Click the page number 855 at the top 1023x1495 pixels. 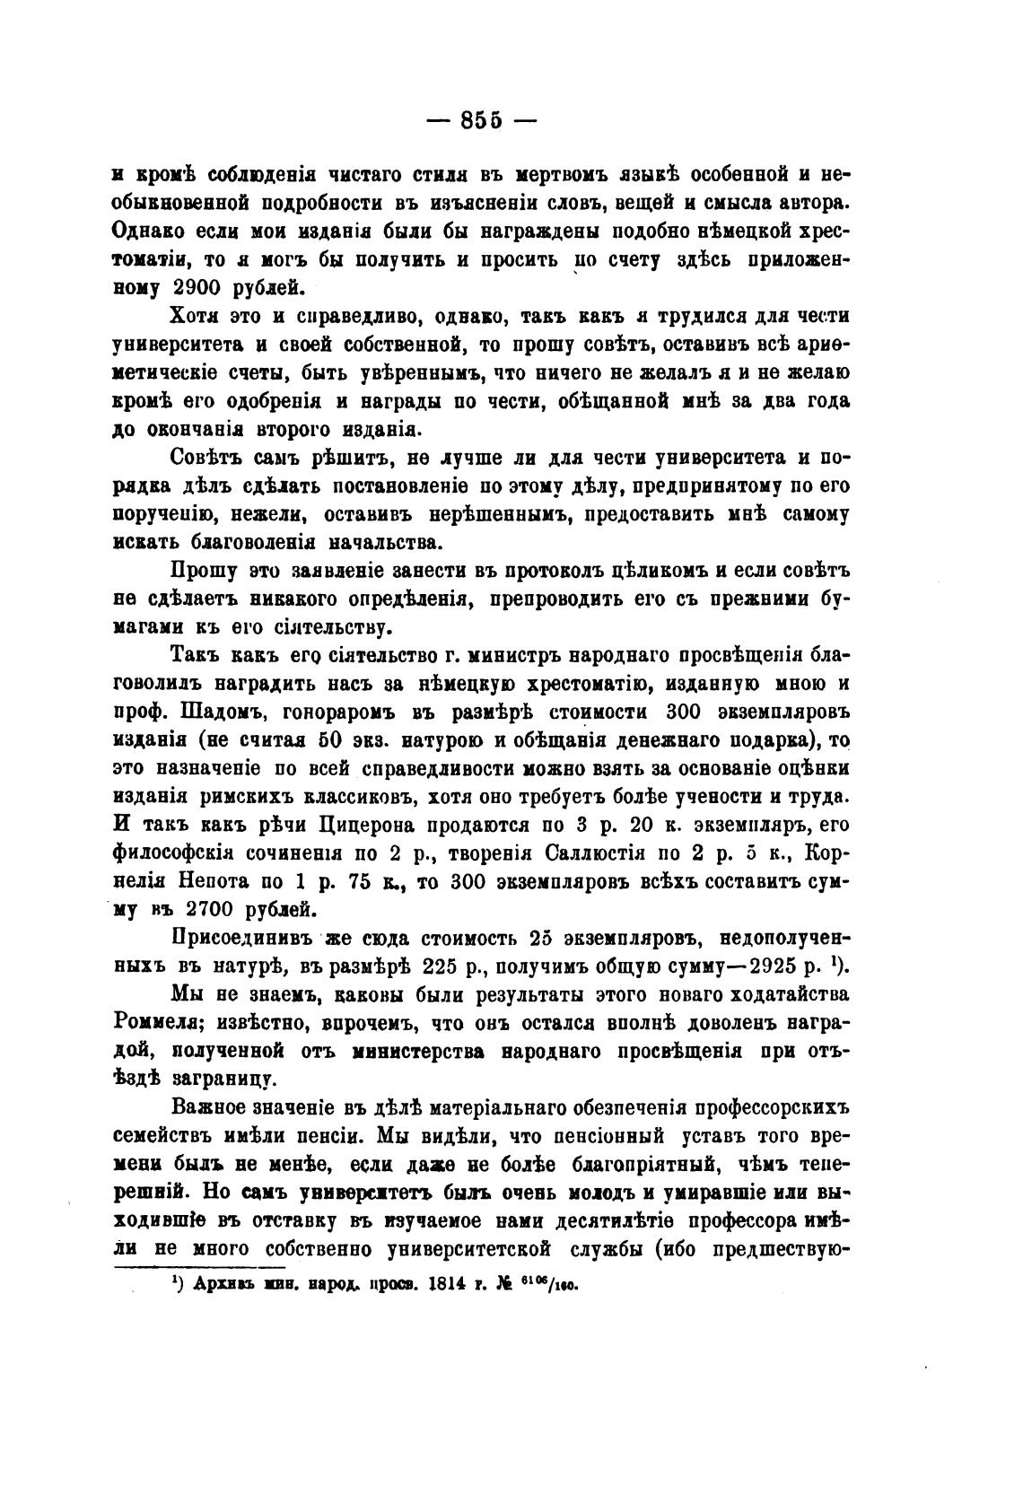pos(485,121)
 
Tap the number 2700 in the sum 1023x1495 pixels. pos(203,908)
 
